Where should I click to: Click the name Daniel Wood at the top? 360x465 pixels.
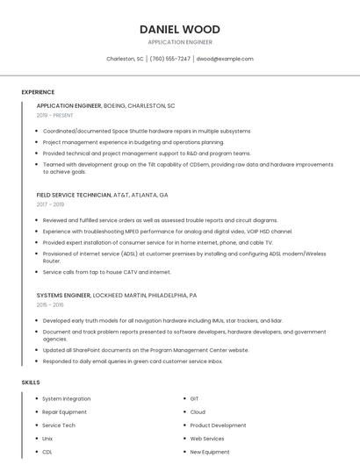pyautogui.click(x=180, y=29)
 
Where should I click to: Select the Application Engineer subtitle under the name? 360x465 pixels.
pyautogui.click(x=180, y=42)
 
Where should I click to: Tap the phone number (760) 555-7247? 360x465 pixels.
pyautogui.click(x=169, y=59)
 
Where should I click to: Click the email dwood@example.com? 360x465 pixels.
pyautogui.click(x=225, y=59)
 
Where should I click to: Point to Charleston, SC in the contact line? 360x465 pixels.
pyautogui.click(x=125, y=59)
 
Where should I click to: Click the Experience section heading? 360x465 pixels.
pyautogui.click(x=38, y=92)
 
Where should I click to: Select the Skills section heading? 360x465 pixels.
pyautogui.click(x=31, y=383)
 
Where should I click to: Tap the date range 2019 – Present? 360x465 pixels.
pyautogui.click(x=55, y=116)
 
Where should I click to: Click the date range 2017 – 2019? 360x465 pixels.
pyautogui.click(x=52, y=205)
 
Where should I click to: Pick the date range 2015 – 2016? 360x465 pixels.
pyautogui.click(x=51, y=305)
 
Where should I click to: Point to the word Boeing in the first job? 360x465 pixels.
pyautogui.click(x=114, y=105)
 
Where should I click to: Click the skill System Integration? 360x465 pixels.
pyautogui.click(x=67, y=399)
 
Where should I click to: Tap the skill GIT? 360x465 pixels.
pyautogui.click(x=194, y=399)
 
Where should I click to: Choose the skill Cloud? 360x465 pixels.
pyautogui.click(x=198, y=412)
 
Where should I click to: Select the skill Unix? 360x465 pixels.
pyautogui.click(x=47, y=439)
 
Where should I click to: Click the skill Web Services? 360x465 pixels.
pyautogui.click(x=207, y=439)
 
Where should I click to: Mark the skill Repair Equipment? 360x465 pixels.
pyautogui.click(x=65, y=412)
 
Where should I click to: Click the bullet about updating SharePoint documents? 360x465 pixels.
pyautogui.click(x=146, y=350)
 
